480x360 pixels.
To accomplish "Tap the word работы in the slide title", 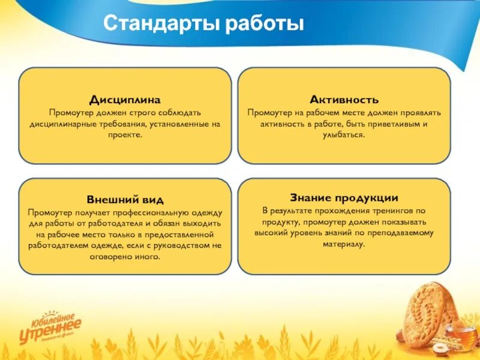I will click(x=265, y=24).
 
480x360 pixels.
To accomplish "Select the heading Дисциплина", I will click(x=125, y=100).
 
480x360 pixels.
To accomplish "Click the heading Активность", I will click(x=344, y=100).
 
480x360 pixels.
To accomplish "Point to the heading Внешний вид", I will click(x=125, y=200).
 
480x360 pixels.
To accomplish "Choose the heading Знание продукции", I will click(x=344, y=197).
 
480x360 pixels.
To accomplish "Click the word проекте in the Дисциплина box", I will click(x=125, y=136).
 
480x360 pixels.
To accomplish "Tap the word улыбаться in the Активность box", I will click(x=344, y=136).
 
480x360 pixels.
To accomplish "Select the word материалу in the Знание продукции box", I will click(x=344, y=244).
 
